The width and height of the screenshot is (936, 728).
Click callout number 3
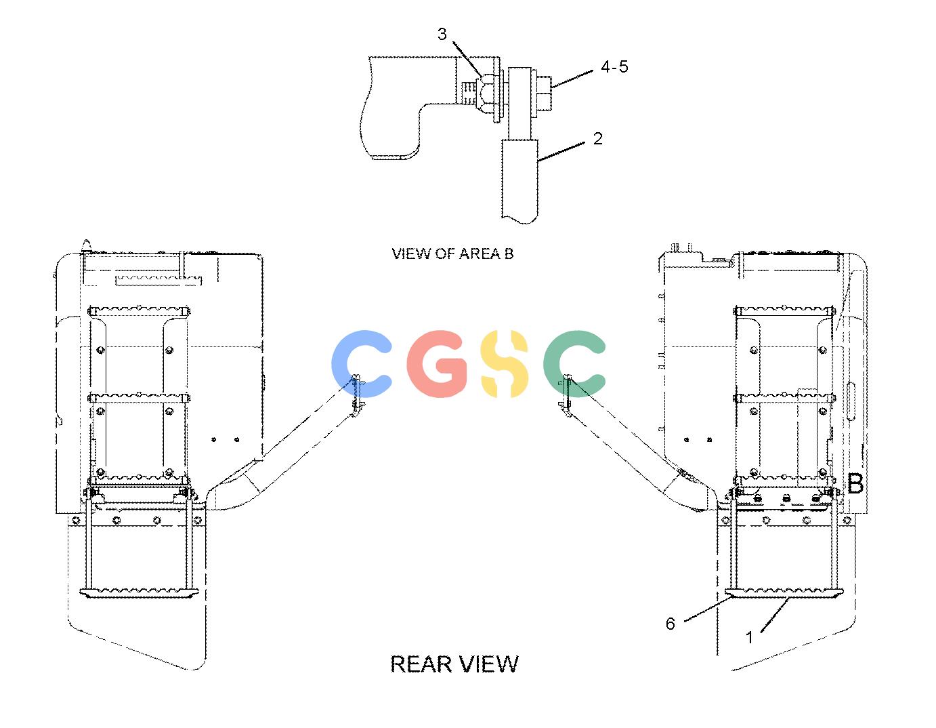442,34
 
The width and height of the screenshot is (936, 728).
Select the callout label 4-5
614,67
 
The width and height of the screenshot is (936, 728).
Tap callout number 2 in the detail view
597,138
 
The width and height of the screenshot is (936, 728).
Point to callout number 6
671,624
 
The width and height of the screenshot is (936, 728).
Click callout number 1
750,637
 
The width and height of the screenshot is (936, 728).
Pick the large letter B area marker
855,483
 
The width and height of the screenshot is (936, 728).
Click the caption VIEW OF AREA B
452,254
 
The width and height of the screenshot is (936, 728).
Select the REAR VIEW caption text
454,664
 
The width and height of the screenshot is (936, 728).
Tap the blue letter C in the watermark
362,363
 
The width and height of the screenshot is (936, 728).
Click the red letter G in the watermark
437,363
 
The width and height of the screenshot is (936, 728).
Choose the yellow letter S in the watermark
504,363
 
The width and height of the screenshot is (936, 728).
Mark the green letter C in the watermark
574,363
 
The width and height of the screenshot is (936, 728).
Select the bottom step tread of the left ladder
139,594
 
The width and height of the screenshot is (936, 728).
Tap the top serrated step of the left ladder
139,310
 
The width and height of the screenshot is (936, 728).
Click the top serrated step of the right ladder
784,310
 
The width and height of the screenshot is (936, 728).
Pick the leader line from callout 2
561,152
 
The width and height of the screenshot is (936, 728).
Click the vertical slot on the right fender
851,401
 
